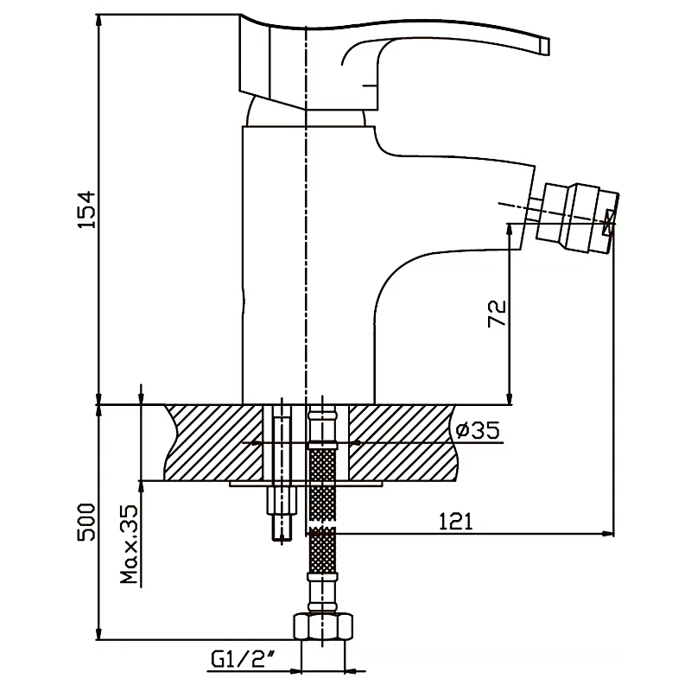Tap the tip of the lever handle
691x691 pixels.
(x=542, y=43)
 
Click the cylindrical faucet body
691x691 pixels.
(x=272, y=259)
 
